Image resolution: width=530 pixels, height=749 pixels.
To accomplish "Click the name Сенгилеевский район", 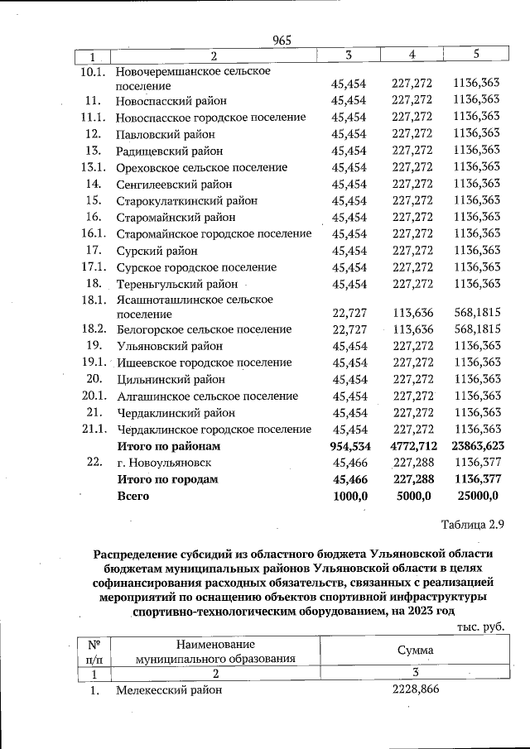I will coord(174,184).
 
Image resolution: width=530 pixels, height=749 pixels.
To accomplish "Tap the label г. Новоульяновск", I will coord(164,463).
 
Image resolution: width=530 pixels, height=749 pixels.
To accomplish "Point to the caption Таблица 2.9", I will coord(472,524).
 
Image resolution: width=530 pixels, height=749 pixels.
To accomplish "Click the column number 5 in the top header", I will coord(476,55).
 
